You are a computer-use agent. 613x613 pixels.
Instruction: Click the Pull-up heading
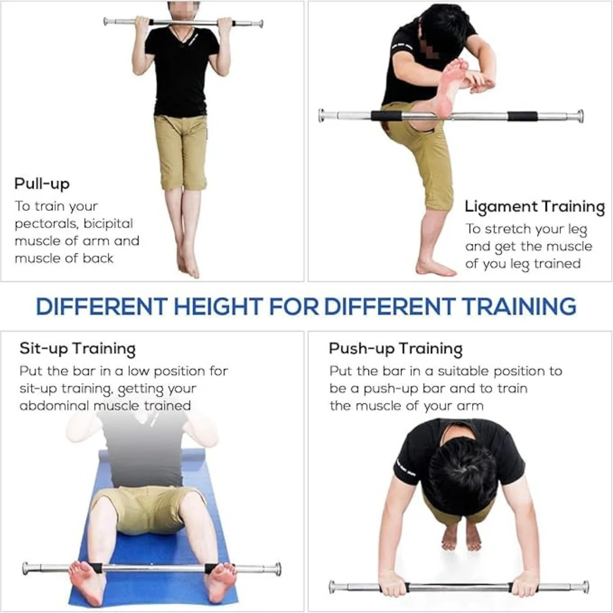click(42, 184)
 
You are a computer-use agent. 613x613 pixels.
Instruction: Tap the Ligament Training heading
click(535, 207)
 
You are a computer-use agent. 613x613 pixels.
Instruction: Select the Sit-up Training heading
click(77, 348)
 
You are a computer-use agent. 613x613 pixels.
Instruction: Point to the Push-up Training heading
click(395, 348)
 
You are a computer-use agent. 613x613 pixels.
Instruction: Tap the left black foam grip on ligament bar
click(386, 116)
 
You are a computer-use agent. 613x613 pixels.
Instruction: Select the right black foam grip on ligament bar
click(522, 116)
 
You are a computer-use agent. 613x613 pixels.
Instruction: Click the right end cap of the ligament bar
click(579, 116)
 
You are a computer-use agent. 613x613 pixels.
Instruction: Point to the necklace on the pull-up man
click(181, 37)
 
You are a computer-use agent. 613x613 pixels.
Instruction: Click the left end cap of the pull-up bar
click(105, 21)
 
